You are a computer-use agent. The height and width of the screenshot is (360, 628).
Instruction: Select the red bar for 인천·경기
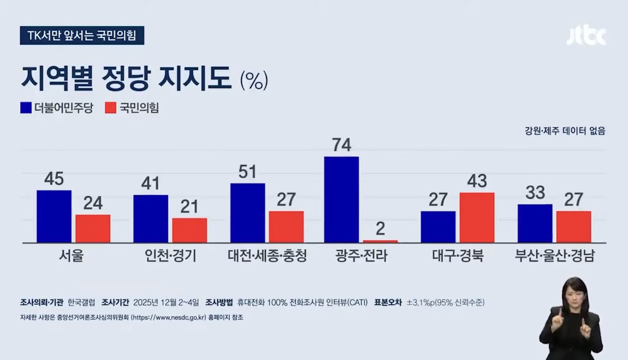point(189,230)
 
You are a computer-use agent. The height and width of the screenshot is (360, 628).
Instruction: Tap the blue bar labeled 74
point(342,199)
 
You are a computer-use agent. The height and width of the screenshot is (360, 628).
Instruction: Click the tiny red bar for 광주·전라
point(380,241)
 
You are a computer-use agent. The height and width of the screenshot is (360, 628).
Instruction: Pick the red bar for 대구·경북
point(477,218)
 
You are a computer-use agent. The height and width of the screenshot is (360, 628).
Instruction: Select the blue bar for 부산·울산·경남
point(535,223)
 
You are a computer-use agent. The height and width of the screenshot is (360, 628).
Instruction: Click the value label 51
point(247,172)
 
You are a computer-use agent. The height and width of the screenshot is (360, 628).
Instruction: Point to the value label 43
point(477,181)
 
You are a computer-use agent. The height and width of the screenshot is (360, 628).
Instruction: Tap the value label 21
point(189,207)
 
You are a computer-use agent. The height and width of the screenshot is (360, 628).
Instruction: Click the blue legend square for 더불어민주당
point(26,108)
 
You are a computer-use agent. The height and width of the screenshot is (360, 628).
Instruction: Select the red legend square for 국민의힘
point(110,108)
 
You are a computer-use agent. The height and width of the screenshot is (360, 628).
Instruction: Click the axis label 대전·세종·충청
point(267,256)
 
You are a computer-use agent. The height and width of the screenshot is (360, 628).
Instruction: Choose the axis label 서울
point(71,256)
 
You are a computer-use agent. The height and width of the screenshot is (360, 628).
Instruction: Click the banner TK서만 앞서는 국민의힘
point(82,35)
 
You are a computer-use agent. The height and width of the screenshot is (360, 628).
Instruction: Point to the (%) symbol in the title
point(254,80)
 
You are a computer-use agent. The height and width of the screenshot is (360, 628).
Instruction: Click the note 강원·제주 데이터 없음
point(565,131)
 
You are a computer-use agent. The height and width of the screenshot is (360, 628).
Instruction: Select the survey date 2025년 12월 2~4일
point(166,303)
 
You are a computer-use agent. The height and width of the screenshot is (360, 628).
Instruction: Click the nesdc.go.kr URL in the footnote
point(169,318)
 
